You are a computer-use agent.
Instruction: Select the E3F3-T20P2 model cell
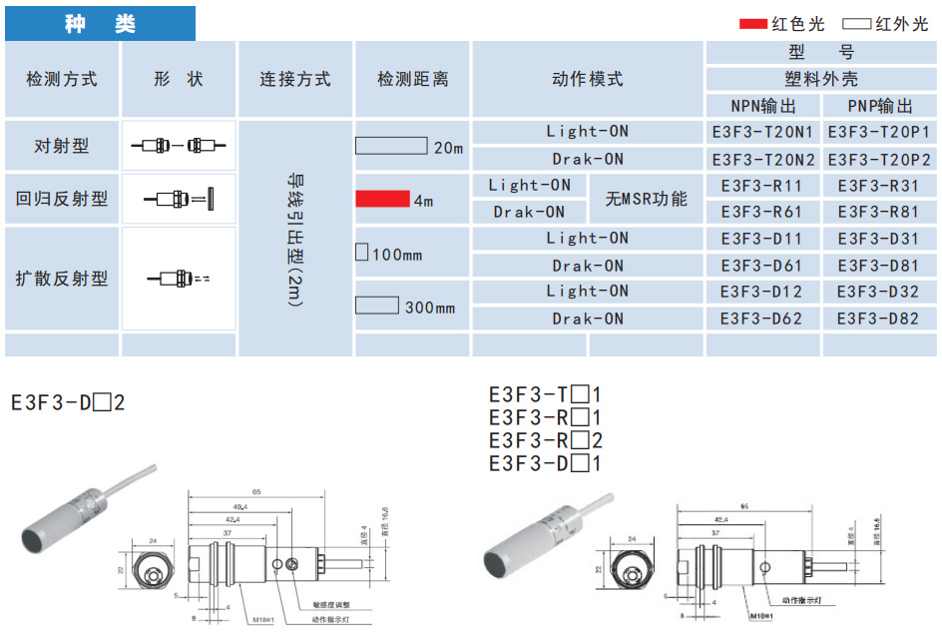(x=878, y=160)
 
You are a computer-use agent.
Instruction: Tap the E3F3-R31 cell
(x=878, y=186)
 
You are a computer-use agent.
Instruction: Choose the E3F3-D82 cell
(x=878, y=320)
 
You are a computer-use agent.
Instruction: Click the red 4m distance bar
(x=382, y=199)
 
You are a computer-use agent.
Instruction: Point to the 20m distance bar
(x=392, y=146)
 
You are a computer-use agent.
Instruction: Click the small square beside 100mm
(x=362, y=252)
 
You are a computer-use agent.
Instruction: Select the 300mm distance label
(x=430, y=308)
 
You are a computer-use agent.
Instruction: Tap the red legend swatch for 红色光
(x=751, y=23)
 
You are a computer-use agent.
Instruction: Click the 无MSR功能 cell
(x=647, y=199)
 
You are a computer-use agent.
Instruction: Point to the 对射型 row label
(x=62, y=146)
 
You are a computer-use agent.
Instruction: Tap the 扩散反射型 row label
(x=62, y=279)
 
